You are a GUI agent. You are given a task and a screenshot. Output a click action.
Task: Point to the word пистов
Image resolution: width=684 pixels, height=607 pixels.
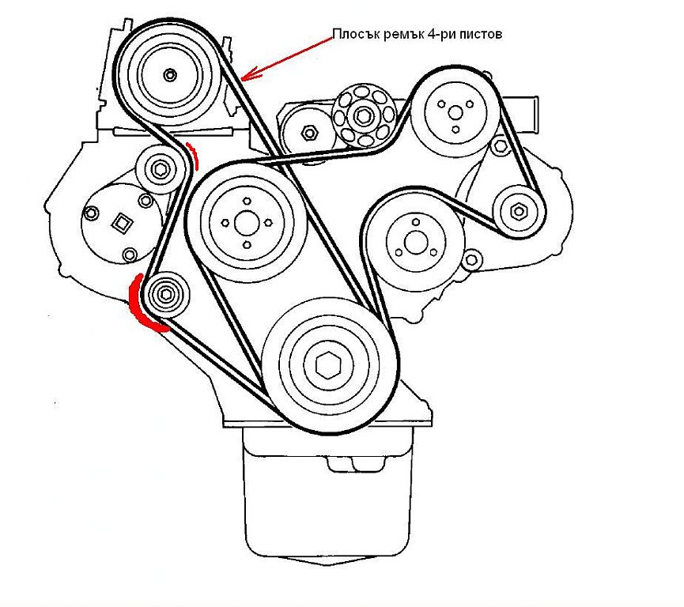[481, 35]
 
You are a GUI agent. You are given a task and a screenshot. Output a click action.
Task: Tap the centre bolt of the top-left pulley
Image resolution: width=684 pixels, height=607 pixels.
[170, 75]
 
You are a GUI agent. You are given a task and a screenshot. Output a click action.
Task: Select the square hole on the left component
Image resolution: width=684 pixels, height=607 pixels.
[121, 223]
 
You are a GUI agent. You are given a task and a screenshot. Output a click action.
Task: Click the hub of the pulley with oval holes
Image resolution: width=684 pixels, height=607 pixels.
[363, 116]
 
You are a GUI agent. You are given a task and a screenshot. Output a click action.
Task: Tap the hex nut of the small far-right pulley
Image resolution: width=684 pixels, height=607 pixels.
[519, 212]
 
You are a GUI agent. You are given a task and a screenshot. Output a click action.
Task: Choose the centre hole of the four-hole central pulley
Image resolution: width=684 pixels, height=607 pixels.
[247, 223]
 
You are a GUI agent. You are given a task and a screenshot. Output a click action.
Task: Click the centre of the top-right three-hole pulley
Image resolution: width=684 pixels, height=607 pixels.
[455, 113]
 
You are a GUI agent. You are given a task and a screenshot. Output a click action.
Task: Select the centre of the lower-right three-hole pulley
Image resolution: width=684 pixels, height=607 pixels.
[414, 243]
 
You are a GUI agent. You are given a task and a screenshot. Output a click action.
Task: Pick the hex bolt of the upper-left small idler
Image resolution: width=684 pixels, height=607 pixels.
[159, 169]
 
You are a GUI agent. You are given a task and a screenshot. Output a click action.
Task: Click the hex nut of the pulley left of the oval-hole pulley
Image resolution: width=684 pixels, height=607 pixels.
[309, 132]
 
